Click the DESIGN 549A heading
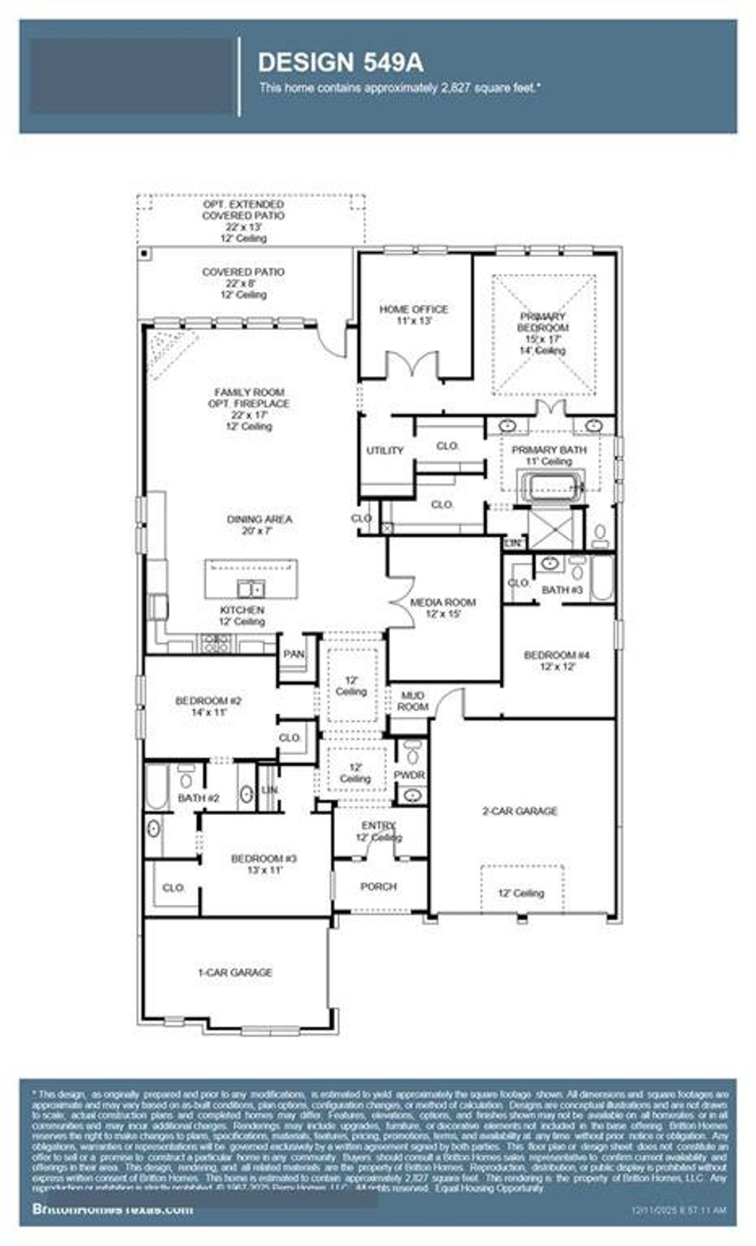(341, 63)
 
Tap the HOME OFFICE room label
(413, 309)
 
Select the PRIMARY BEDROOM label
(542, 322)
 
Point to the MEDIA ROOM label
(443, 602)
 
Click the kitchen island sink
(251, 588)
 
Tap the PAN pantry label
(294, 654)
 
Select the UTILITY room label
(384, 451)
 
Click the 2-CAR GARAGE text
(520, 811)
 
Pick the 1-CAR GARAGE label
(234, 973)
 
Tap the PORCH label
(379, 886)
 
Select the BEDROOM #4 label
(557, 655)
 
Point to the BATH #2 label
(199, 798)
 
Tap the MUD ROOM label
(412, 701)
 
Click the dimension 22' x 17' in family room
(249, 415)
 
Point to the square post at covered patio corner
(144, 253)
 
